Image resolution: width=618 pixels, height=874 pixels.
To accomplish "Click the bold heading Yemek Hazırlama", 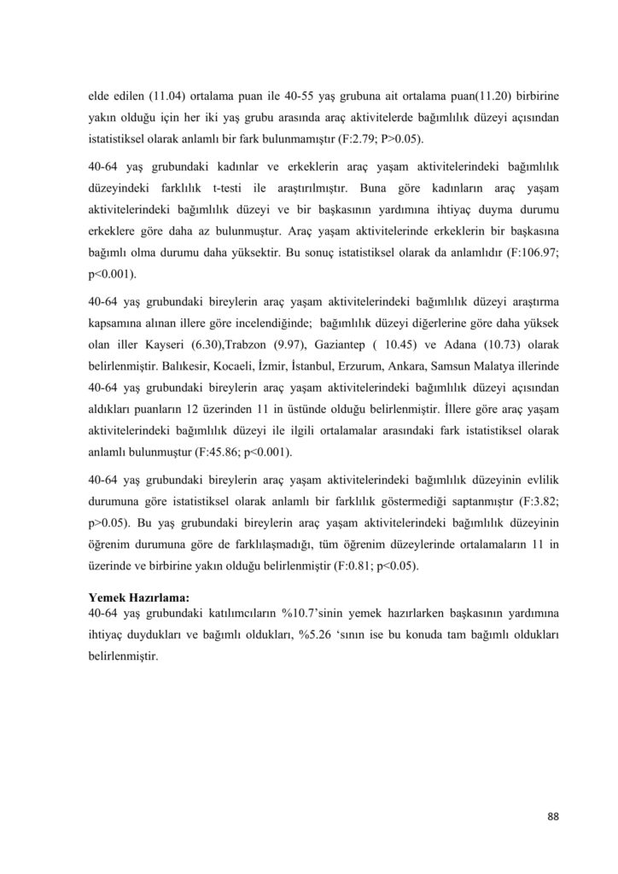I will click(x=138, y=597).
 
